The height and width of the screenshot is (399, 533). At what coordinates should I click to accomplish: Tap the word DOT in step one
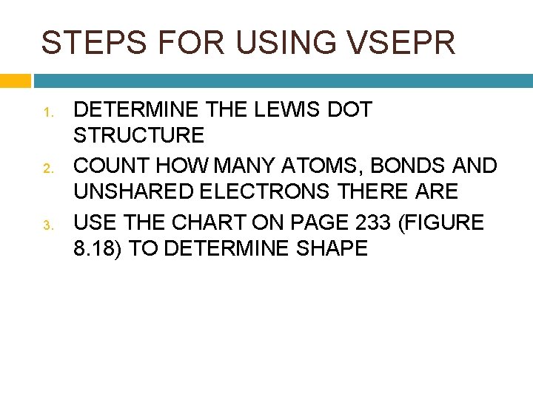[x=348, y=110]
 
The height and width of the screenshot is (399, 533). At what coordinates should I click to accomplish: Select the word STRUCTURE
[x=139, y=135]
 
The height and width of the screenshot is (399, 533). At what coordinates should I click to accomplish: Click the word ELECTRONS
[x=266, y=192]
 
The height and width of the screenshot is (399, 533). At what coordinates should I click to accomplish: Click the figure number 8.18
[x=98, y=248]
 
